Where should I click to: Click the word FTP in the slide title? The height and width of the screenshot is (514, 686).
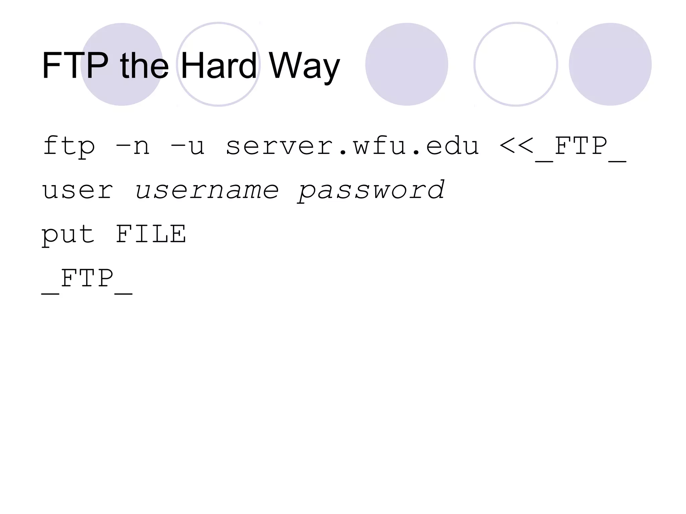pos(75,65)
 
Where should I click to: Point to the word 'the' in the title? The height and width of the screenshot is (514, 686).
pos(144,65)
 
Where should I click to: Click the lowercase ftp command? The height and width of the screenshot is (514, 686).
pos(69,147)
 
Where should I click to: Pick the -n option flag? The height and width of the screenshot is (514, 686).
pos(132,147)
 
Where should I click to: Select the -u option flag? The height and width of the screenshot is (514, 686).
pos(187,147)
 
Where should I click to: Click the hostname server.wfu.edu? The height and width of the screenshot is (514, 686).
pos(352,147)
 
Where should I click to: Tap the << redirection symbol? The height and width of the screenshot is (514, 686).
pos(516,146)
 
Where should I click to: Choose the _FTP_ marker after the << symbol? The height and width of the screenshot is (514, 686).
pos(580,147)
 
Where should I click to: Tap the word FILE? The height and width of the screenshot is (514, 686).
pos(151,234)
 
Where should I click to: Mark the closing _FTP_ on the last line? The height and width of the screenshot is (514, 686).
pos(87,280)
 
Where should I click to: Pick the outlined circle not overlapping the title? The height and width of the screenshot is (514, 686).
pos(516,64)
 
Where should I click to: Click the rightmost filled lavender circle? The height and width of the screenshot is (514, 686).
pos(610,64)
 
